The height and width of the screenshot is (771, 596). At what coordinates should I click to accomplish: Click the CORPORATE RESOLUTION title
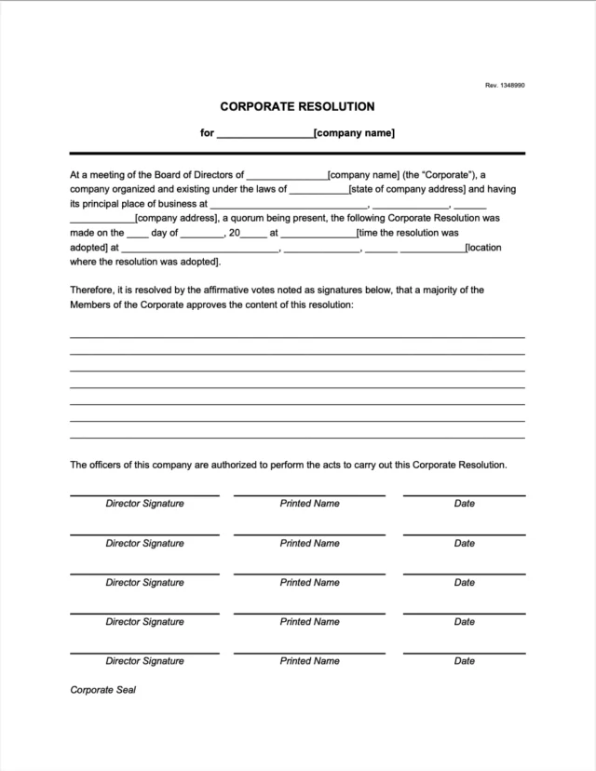[x=297, y=106]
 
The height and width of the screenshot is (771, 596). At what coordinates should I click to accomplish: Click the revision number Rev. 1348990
[x=505, y=86]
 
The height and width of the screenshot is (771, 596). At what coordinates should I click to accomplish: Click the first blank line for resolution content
[x=297, y=336]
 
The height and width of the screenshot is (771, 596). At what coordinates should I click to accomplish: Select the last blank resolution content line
[x=297, y=438]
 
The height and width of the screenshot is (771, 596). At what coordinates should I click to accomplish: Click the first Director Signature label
[x=144, y=504]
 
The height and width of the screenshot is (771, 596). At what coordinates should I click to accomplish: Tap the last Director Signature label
[x=144, y=661]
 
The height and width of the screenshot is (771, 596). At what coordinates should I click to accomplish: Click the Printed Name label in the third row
[x=309, y=583]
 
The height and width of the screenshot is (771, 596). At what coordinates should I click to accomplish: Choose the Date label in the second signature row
[x=464, y=543]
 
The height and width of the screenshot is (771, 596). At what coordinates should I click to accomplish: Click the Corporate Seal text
[x=103, y=691]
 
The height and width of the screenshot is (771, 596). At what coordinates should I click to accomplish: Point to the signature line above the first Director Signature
[x=144, y=495]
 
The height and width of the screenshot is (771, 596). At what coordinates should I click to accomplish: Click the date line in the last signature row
[x=464, y=653]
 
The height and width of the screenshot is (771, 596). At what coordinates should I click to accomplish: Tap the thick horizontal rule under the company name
[x=297, y=153]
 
